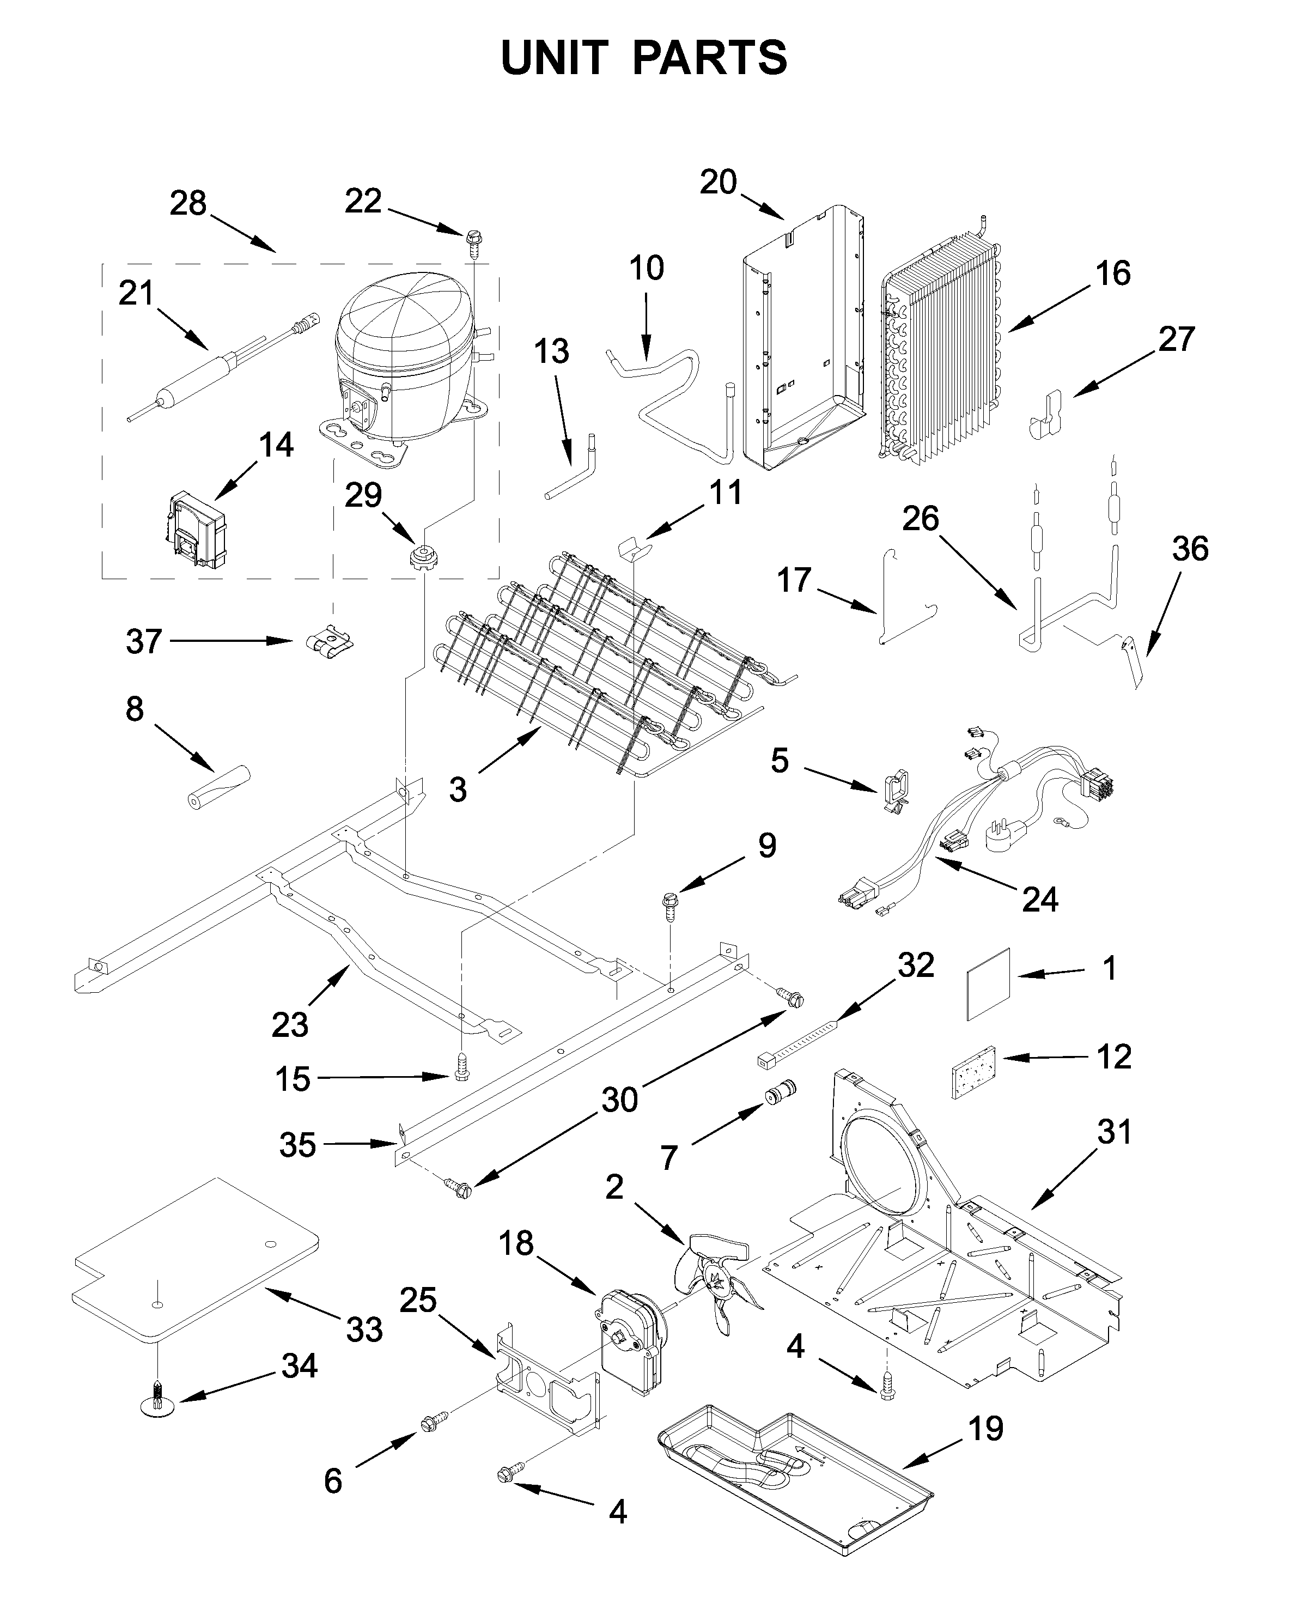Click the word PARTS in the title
(710, 58)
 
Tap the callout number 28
(188, 204)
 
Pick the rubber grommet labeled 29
(424, 560)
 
